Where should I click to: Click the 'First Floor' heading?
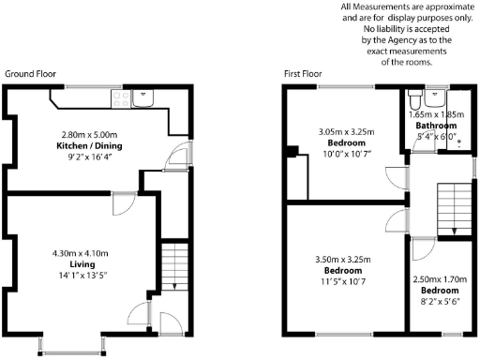point(306,73)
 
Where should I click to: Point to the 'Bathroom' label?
point(437,126)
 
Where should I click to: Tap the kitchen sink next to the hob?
point(144,95)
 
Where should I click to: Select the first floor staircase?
point(452,206)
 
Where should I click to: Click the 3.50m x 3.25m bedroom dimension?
point(343,258)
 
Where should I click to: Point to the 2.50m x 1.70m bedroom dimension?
point(442,278)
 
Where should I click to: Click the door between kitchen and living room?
point(122,202)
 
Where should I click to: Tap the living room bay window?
point(71,348)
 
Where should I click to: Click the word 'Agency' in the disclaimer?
point(397,40)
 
